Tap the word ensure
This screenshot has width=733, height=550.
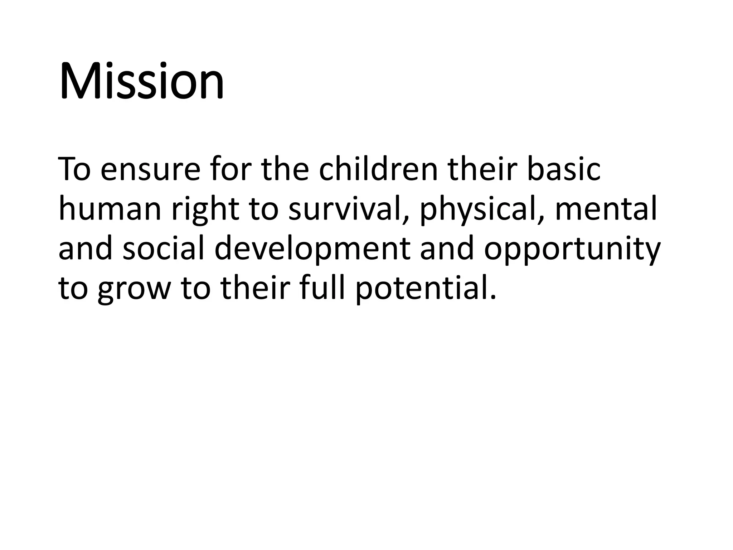150,169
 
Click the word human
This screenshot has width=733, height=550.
110,209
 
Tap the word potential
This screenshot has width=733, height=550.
426,289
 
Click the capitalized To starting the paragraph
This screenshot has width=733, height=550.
74,169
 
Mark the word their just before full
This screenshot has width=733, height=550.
254,288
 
